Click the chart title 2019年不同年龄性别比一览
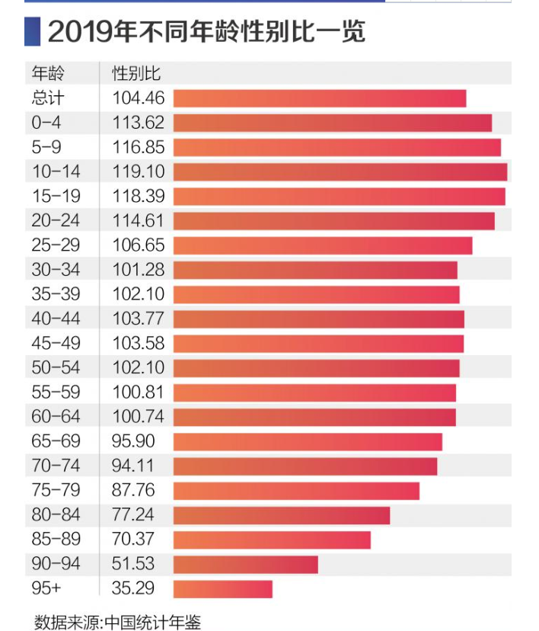[206, 33]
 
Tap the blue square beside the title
[32, 33]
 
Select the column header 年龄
[48, 73]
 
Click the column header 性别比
[136, 73]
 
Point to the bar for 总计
[320, 98]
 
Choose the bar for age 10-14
[340, 171]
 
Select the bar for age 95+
[222, 589]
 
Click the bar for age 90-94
[245, 565]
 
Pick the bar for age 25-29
[323, 245]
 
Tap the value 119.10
[139, 171]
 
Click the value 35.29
[133, 589]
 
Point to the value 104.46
[139, 98]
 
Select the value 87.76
[133, 491]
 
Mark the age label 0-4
[46, 123]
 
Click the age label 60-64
[56, 417]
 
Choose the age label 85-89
[56, 540]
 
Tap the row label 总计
[48, 98]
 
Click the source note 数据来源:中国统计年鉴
[117, 621]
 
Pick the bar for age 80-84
[282, 515]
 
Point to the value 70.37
[133, 540]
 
